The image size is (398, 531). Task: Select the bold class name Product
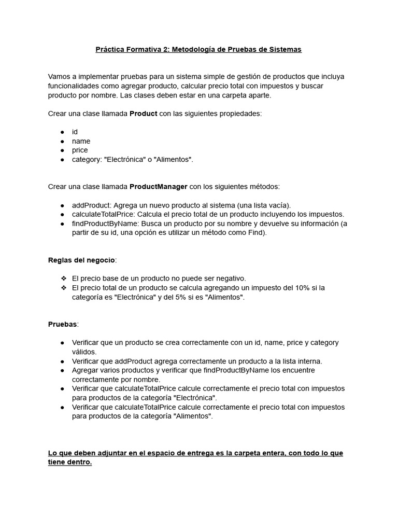pyautogui.click(x=143, y=114)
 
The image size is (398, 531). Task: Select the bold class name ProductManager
pyautogui.click(x=158, y=186)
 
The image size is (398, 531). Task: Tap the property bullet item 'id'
pyautogui.click(x=75, y=132)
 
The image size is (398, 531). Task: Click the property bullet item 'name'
pyautogui.click(x=81, y=141)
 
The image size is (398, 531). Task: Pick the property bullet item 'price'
pyautogui.click(x=80, y=150)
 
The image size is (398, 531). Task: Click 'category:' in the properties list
pyautogui.click(x=87, y=159)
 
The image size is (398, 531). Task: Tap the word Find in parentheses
pyautogui.click(x=257, y=233)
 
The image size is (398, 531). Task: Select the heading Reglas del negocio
pyautogui.click(x=82, y=260)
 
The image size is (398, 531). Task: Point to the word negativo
pyautogui.click(x=231, y=278)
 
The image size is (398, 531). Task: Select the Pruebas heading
pyautogui.click(x=62, y=324)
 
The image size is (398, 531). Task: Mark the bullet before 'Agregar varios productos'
pyautogui.click(x=62, y=370)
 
